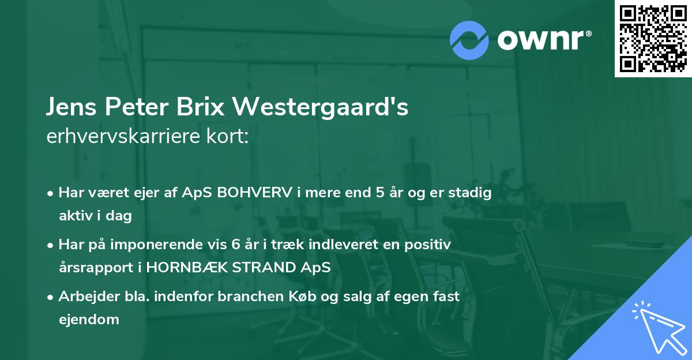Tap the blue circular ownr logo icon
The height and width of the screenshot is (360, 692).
[x=470, y=40]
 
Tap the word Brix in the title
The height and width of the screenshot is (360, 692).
[x=214, y=108]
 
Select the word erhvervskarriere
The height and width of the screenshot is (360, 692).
[x=123, y=137]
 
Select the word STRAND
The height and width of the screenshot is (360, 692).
[x=271, y=268]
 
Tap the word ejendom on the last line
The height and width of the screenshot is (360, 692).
[x=89, y=319]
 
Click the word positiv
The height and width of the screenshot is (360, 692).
[x=426, y=245]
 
